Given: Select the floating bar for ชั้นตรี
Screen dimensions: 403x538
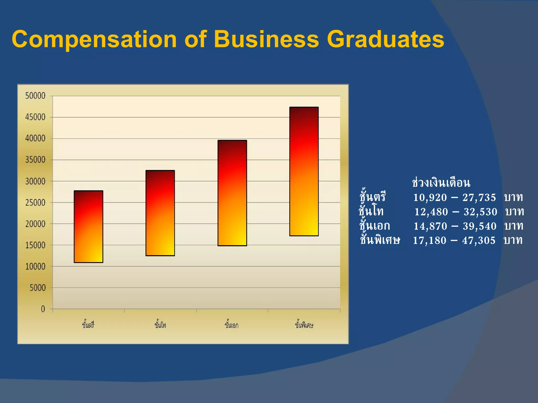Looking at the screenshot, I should [x=89, y=227].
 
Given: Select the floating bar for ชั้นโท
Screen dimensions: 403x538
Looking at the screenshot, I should [x=160, y=213].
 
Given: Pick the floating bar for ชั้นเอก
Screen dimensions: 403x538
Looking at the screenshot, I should [x=232, y=193].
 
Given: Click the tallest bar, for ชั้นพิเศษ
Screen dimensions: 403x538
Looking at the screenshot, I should [x=304, y=171].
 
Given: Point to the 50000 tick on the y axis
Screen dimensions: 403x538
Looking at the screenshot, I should [x=35, y=96].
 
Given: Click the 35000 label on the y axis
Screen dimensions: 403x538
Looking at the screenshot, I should [x=35, y=160].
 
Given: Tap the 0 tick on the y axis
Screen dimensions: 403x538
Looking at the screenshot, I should [x=43, y=309].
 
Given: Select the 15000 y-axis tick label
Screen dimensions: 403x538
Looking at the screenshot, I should [x=35, y=245].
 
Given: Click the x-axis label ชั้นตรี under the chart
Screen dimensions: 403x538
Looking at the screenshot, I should [x=88, y=325].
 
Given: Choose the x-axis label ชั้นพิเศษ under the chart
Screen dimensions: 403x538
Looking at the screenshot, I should [x=304, y=325].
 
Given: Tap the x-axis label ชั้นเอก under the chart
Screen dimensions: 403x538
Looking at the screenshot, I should [x=231, y=325].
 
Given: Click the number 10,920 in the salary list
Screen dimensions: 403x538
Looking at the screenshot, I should [x=430, y=198].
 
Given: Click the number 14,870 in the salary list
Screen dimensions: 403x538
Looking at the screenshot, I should [x=430, y=226].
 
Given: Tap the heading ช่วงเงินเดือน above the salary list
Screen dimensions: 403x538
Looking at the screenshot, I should [x=441, y=183].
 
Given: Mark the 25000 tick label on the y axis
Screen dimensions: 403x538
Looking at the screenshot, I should [x=35, y=203].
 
